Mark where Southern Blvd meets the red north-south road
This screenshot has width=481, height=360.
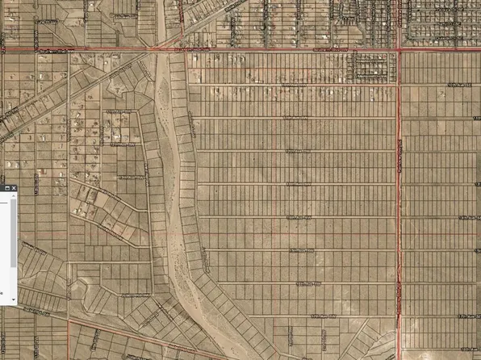(x=399, y=52)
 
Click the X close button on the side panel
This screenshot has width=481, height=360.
(x=14, y=188)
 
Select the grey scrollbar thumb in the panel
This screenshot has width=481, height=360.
(x=14, y=234)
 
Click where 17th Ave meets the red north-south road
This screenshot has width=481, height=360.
(x=399, y=317)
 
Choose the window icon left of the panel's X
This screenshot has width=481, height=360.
(x=6, y=188)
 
